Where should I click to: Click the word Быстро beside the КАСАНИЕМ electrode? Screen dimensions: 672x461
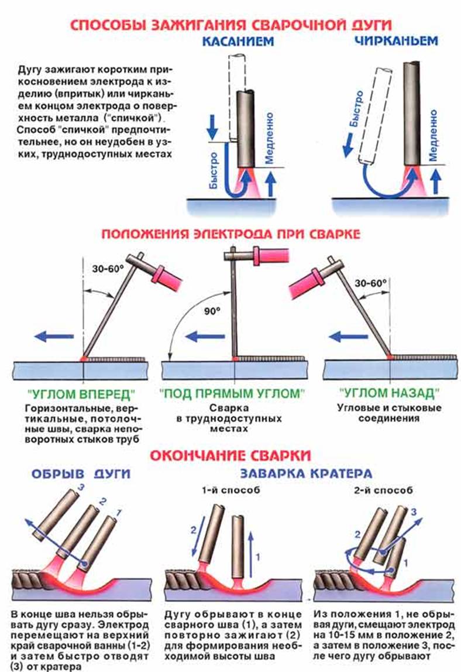pos(214,169)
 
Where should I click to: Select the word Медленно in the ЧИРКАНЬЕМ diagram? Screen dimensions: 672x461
pos(433,134)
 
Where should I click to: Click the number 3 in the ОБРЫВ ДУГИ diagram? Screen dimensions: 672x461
pos(82,488)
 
